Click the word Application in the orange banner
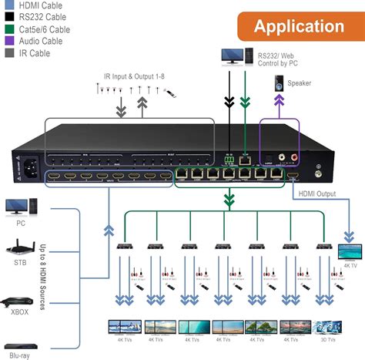(300, 26)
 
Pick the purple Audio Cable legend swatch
(7, 42)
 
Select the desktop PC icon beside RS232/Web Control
(232, 57)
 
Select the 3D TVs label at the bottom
(326, 338)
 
